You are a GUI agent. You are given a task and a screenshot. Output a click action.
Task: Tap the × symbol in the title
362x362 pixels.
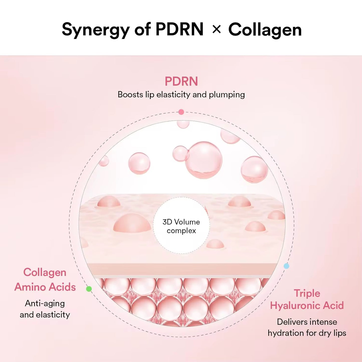point(216,29)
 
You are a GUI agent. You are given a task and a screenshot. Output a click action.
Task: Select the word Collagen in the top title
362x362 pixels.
point(265,30)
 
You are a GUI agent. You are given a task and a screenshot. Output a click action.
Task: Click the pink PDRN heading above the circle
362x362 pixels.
point(181,81)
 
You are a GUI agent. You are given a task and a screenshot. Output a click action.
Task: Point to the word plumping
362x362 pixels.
point(227,95)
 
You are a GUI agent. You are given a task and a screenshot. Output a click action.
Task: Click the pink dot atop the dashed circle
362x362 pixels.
point(181,112)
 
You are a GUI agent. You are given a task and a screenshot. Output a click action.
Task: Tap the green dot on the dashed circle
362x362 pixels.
point(89,289)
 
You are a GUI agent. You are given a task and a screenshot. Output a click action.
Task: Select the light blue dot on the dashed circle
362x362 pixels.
point(286,266)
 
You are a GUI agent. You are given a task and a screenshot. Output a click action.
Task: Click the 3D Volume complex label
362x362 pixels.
point(181,226)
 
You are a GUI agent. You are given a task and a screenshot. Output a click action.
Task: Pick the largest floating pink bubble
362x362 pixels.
point(204,160)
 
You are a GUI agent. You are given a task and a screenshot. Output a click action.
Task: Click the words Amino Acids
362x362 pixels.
point(45,287)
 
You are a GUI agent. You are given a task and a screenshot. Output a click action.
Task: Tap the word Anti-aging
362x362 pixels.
point(45,303)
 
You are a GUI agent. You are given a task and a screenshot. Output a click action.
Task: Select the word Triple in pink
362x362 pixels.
point(307,293)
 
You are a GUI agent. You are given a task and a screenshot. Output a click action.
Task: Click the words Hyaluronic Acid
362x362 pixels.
point(307,306)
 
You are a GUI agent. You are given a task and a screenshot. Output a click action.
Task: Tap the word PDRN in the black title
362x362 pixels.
point(179,30)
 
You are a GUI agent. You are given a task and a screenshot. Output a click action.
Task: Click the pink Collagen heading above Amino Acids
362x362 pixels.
point(45,272)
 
